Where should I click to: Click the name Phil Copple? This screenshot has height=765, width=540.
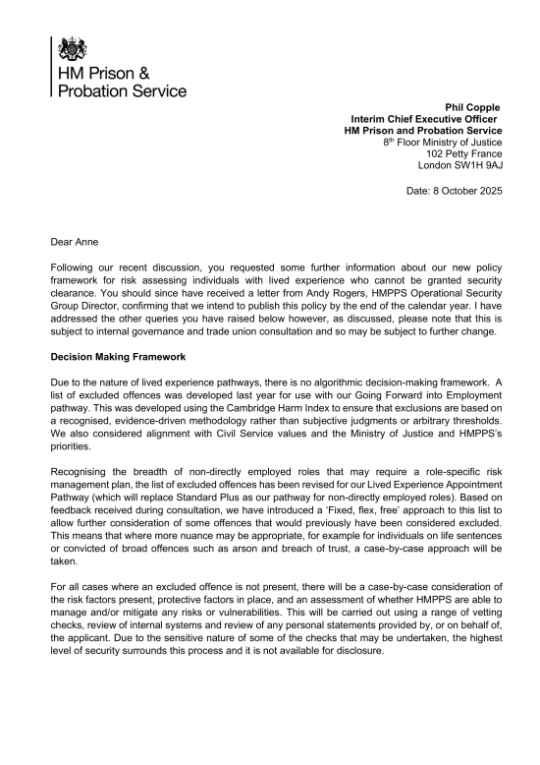(473, 107)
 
